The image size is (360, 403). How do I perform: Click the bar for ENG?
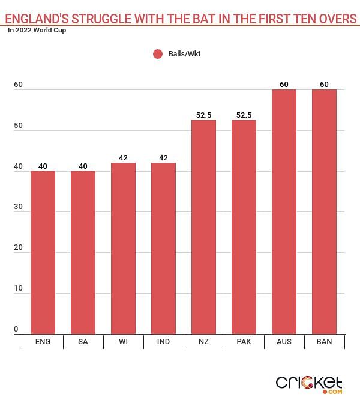pyautogui.click(x=43, y=252)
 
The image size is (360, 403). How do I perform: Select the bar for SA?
pyautogui.click(x=83, y=252)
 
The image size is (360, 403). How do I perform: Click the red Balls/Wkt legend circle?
pyautogui.click(x=158, y=54)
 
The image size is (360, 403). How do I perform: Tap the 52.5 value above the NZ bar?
pyautogui.click(x=203, y=115)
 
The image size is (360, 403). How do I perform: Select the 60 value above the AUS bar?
pyautogui.click(x=284, y=84)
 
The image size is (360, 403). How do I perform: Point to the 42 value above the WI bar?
pyautogui.click(x=123, y=157)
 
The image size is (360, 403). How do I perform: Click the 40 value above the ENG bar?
pyautogui.click(x=43, y=166)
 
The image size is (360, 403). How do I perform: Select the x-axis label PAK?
pyautogui.click(x=244, y=342)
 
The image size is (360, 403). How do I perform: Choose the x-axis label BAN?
pyautogui.click(x=324, y=342)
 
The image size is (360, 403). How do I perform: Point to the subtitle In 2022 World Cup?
pyautogui.click(x=37, y=31)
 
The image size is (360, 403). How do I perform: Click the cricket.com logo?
pyautogui.click(x=309, y=383)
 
